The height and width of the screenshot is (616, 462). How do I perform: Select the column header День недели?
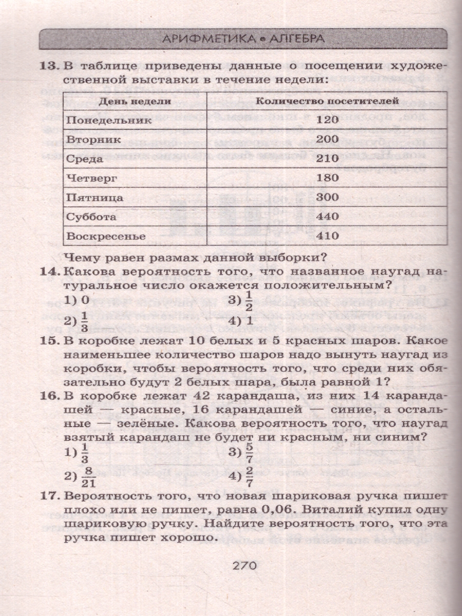tap(135, 101)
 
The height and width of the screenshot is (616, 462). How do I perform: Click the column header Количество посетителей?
tap(327, 101)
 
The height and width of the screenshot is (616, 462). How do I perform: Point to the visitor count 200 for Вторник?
tap(327, 139)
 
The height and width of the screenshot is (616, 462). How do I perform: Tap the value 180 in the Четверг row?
tap(327, 178)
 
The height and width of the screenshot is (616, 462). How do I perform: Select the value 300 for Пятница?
tap(327, 197)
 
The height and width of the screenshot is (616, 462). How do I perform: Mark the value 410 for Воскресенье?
tap(327, 236)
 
